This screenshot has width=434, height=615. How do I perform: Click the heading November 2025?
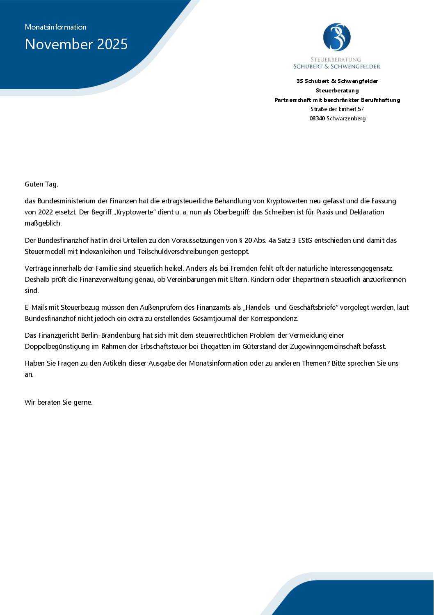click(76, 44)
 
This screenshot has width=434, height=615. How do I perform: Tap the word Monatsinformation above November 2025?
click(56, 27)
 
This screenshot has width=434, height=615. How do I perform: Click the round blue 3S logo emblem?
click(337, 37)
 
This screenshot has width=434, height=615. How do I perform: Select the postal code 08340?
click(317, 118)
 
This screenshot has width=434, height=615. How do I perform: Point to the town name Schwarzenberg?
click(346, 118)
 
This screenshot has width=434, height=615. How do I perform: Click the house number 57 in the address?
click(361, 109)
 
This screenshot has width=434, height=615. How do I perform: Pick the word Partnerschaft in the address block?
click(292, 100)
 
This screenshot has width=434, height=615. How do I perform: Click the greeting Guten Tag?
click(41, 184)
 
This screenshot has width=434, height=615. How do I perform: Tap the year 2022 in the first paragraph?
click(46, 212)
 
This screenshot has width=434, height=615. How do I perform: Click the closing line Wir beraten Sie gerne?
click(59, 402)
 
